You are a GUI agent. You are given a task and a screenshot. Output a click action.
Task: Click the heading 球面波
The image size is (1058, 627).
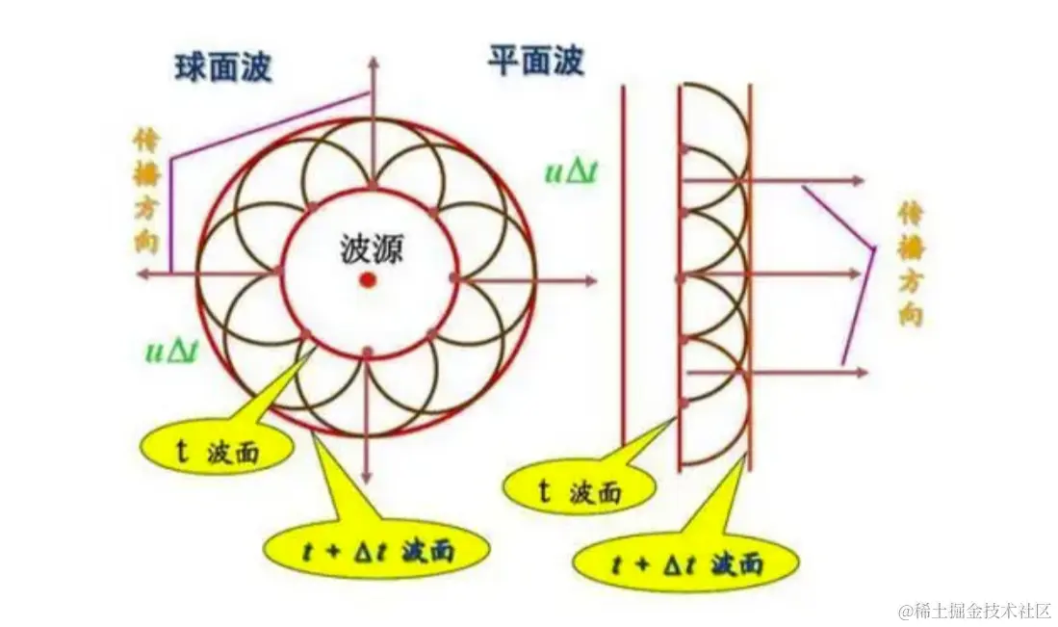pos(223,67)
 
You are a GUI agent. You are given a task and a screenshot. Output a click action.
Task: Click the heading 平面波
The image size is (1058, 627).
pos(535,62)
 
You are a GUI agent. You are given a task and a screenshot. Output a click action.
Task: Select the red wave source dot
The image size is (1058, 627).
pos(368,279)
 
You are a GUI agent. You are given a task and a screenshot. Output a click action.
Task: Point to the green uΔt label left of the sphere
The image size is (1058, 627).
pos(171,351)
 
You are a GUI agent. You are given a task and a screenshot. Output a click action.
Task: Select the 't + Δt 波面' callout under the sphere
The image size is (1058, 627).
pos(375,552)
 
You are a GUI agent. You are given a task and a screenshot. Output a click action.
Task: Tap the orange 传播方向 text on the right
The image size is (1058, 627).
pos(910,262)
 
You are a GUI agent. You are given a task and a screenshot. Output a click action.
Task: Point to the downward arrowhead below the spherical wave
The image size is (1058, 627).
pos(366,479)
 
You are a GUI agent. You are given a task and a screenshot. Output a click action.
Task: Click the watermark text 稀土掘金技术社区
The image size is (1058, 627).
pos(975,611)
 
